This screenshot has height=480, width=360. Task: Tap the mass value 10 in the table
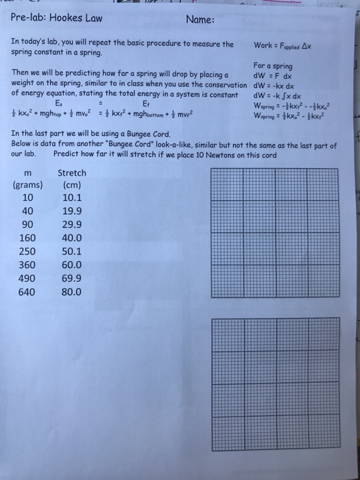coord(27,198)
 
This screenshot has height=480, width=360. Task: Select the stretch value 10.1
coord(72,198)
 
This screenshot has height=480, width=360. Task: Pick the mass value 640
coord(27,291)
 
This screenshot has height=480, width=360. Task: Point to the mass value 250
coord(27,251)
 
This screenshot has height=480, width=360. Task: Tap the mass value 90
coord(27,224)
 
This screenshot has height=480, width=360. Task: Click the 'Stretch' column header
coord(72,173)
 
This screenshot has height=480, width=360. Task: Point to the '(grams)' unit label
coord(27,185)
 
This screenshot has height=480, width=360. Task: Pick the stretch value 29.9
coord(72,224)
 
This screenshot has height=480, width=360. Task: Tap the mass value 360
coord(27,265)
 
